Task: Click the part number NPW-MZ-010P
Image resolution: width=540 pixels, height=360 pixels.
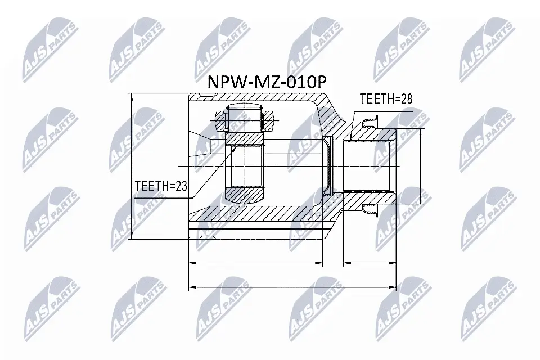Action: pyautogui.click(x=259, y=83)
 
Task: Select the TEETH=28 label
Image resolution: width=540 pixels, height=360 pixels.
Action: pyautogui.click(x=386, y=99)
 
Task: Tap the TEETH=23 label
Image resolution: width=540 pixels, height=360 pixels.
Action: pyautogui.click(x=160, y=186)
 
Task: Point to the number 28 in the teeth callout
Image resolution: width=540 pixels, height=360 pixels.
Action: pyautogui.click(x=406, y=99)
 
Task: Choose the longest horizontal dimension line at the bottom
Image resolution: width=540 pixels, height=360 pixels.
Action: pyautogui.click(x=292, y=287)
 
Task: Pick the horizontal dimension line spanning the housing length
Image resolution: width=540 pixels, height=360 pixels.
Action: pyautogui.click(x=256, y=262)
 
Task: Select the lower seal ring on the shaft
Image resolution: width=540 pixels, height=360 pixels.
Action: pyautogui.click(x=370, y=210)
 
